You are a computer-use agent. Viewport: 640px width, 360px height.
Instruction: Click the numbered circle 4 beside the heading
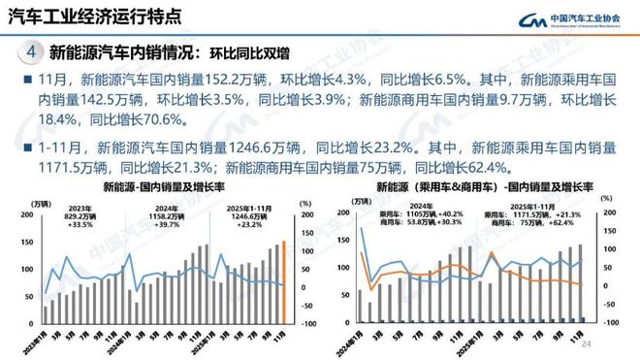click(x=33, y=52)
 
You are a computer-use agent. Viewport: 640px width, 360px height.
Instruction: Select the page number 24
click(x=613, y=344)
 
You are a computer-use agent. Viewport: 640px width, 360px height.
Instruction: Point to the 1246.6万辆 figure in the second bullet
click(x=265, y=147)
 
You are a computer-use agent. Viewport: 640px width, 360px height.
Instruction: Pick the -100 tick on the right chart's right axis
click(x=612, y=321)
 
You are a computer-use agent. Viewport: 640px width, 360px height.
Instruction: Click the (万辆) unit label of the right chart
click(x=361, y=201)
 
